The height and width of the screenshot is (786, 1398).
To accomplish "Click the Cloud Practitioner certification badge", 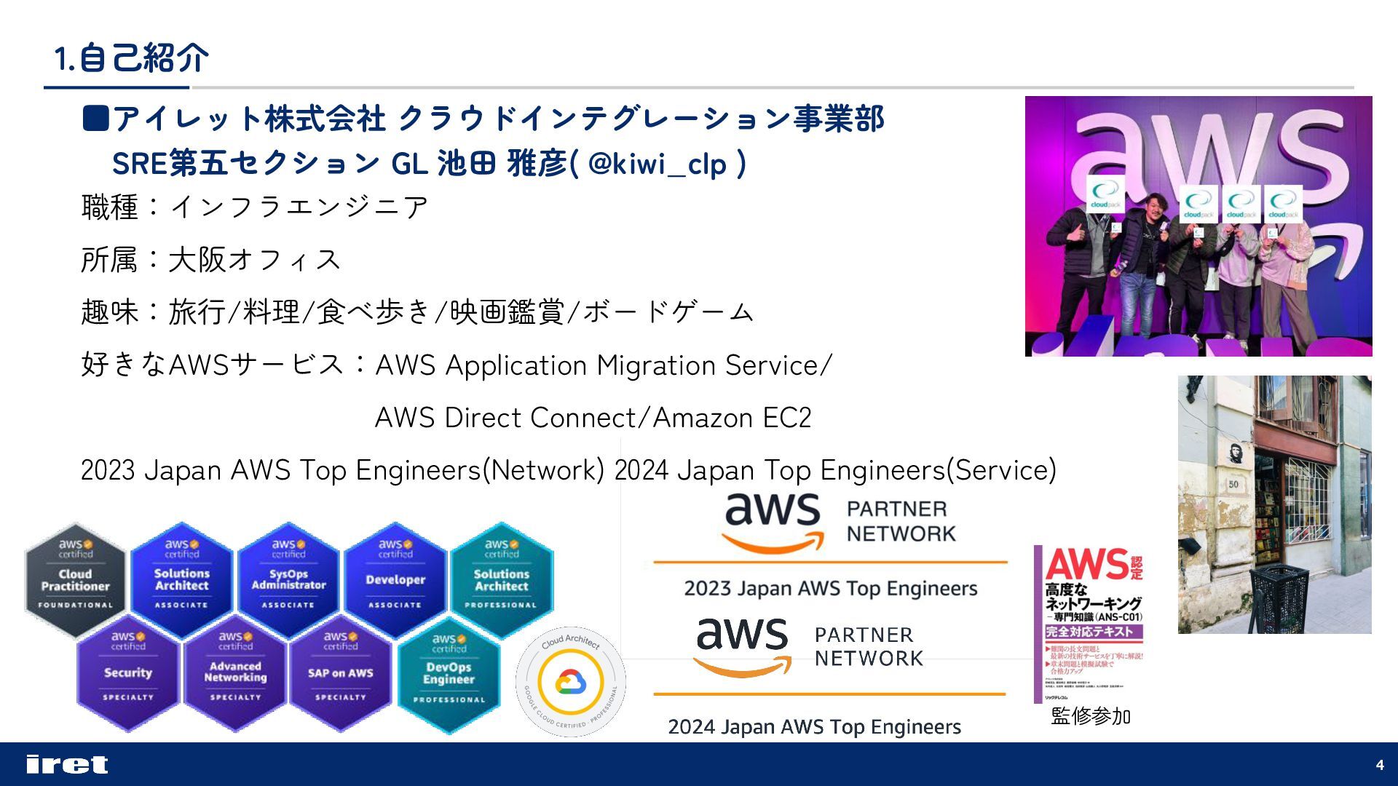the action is coord(75,579).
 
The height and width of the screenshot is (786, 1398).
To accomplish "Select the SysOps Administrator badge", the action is coord(288,579).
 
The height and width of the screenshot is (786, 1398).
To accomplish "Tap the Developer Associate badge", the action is coord(395,579).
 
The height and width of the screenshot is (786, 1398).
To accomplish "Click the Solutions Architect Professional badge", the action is coord(502,579).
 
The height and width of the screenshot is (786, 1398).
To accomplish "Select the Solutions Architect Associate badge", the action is coord(182,579).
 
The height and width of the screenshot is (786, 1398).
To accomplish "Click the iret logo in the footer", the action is coord(67,764).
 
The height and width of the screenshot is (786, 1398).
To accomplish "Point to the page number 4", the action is coord(1380,765).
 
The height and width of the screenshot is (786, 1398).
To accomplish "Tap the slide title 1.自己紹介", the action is coord(131,58).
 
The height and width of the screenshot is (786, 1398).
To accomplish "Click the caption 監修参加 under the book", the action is coord(1090,716).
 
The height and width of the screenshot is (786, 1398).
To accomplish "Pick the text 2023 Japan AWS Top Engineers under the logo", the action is coord(830,588).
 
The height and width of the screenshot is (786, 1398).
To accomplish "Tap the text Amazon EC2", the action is coord(732,418).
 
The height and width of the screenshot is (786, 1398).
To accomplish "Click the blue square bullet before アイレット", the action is coord(95,118).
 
